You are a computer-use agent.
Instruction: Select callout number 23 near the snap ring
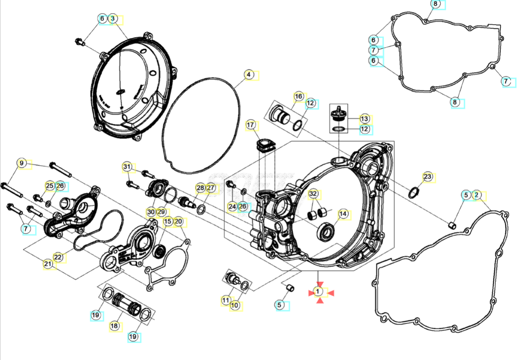[428, 177]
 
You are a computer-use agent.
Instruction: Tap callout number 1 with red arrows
[318, 292]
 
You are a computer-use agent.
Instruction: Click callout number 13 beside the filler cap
[365, 119]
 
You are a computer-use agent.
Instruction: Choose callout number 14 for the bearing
[343, 214]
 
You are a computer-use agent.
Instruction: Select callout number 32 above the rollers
[313, 194]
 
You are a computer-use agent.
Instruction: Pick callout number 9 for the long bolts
[21, 163]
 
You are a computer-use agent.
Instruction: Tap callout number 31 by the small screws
[127, 167]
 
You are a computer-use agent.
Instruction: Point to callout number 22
[58, 257]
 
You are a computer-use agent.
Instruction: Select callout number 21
[48, 264]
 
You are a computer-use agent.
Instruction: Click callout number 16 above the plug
[299, 96]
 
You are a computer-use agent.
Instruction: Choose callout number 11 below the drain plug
[226, 300]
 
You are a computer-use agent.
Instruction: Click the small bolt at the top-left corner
[79, 42]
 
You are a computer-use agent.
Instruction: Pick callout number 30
[151, 211]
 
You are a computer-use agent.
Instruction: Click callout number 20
[178, 221]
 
